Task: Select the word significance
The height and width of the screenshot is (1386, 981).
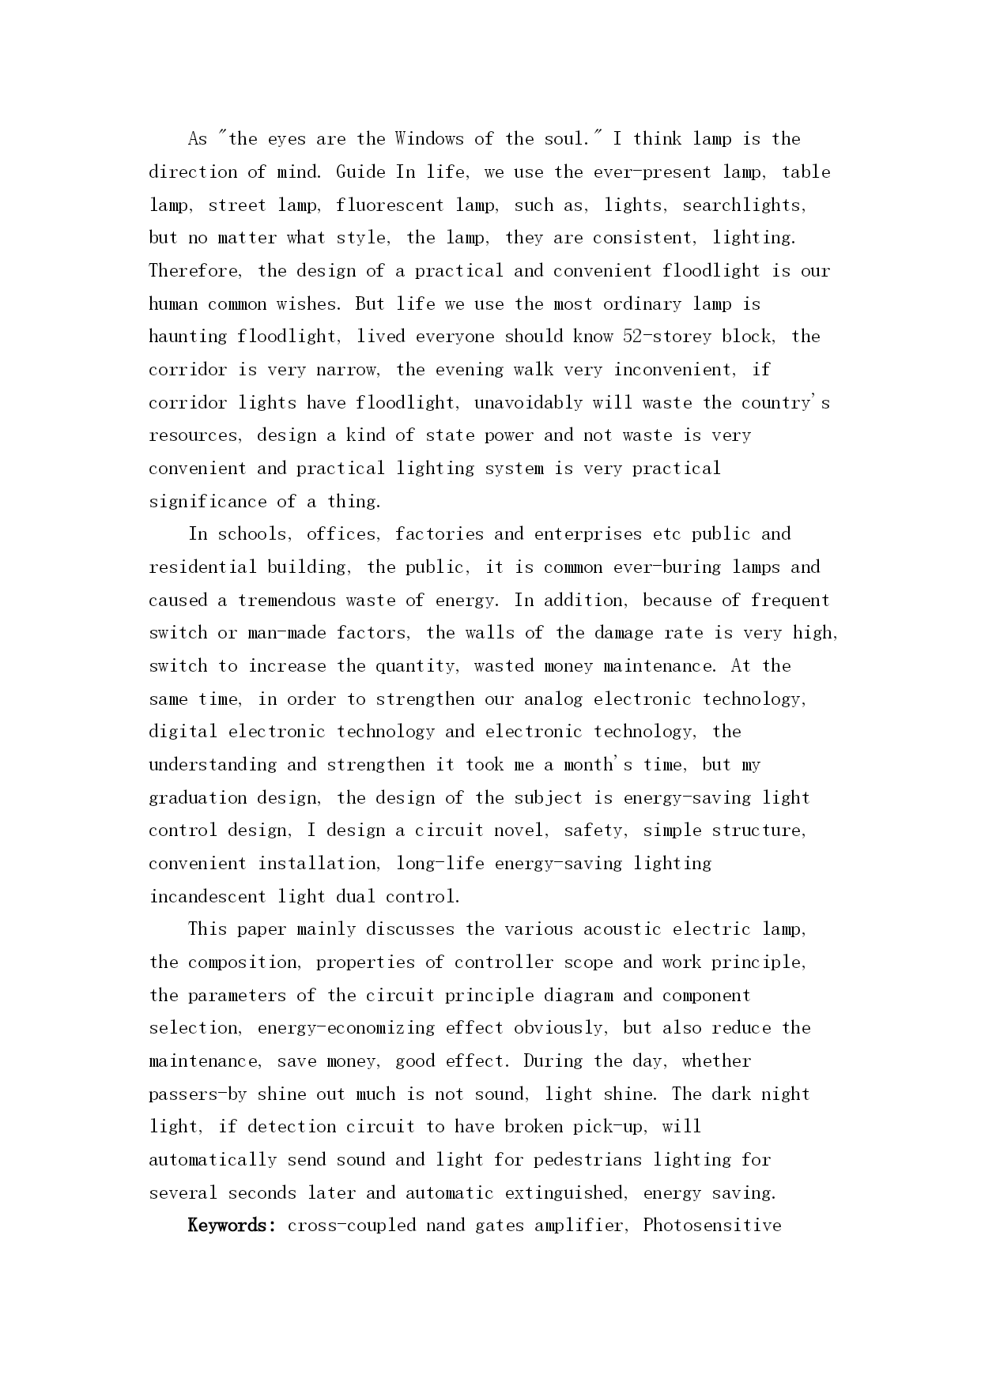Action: [x=208, y=502]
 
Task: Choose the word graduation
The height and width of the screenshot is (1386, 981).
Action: [x=198, y=798]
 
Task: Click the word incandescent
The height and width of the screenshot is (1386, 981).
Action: [x=208, y=897]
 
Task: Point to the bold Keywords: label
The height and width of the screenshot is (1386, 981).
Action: [x=232, y=1226]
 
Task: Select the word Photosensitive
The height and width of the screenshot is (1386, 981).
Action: [x=712, y=1226]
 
